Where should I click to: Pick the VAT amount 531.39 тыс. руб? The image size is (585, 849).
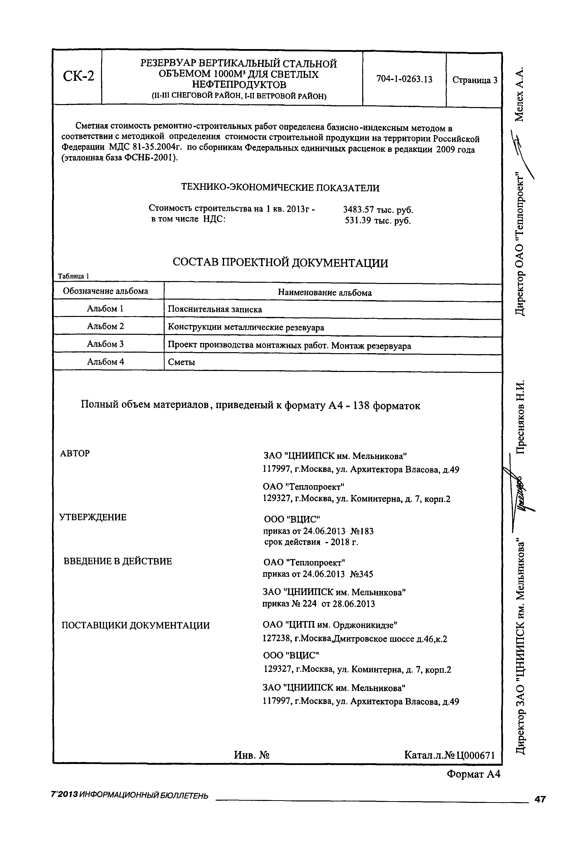coord(378,221)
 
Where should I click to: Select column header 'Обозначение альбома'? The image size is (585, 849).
coord(105,291)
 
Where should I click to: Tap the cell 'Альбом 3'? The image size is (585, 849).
coord(105,344)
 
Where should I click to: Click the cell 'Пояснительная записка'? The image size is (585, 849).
coord(215,309)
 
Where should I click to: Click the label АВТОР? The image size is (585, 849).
coord(75,453)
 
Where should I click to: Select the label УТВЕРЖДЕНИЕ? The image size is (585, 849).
coord(93,517)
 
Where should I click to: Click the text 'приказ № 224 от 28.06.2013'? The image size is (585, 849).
coord(319,604)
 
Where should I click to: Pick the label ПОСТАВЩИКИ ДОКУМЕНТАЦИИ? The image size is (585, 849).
coord(136,625)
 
